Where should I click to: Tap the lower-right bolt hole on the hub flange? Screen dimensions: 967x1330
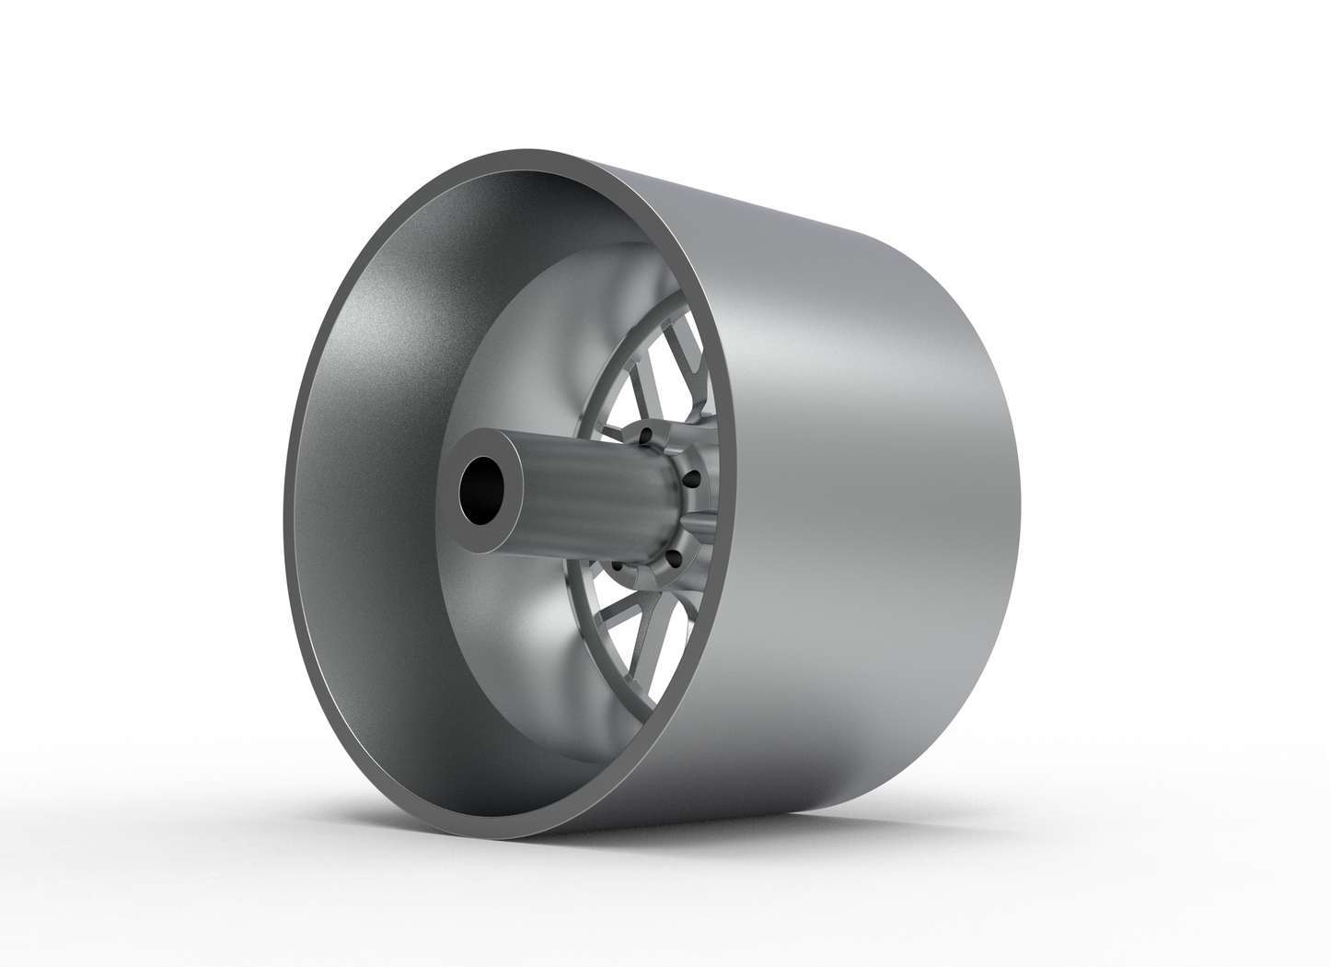click(x=673, y=556)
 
